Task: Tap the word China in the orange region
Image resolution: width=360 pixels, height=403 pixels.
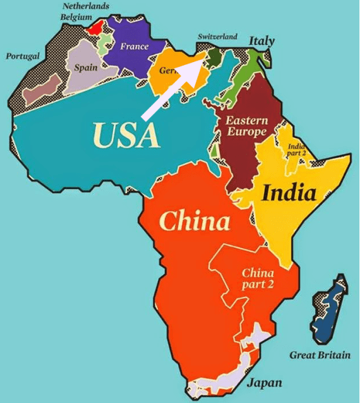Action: pyautogui.click(x=194, y=222)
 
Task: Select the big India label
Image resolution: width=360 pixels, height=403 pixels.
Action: pyautogui.click(x=289, y=193)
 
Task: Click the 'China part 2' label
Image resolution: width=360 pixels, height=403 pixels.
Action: pyautogui.click(x=258, y=278)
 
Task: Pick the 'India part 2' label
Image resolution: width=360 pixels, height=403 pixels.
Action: pyautogui.click(x=297, y=149)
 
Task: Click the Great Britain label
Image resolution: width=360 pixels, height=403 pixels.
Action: pyautogui.click(x=320, y=355)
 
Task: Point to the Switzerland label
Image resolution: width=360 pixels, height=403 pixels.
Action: pyautogui.click(x=217, y=36)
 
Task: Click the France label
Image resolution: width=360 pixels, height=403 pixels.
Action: pyautogui.click(x=134, y=47)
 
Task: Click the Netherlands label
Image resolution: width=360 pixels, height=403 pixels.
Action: pyautogui.click(x=86, y=6)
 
